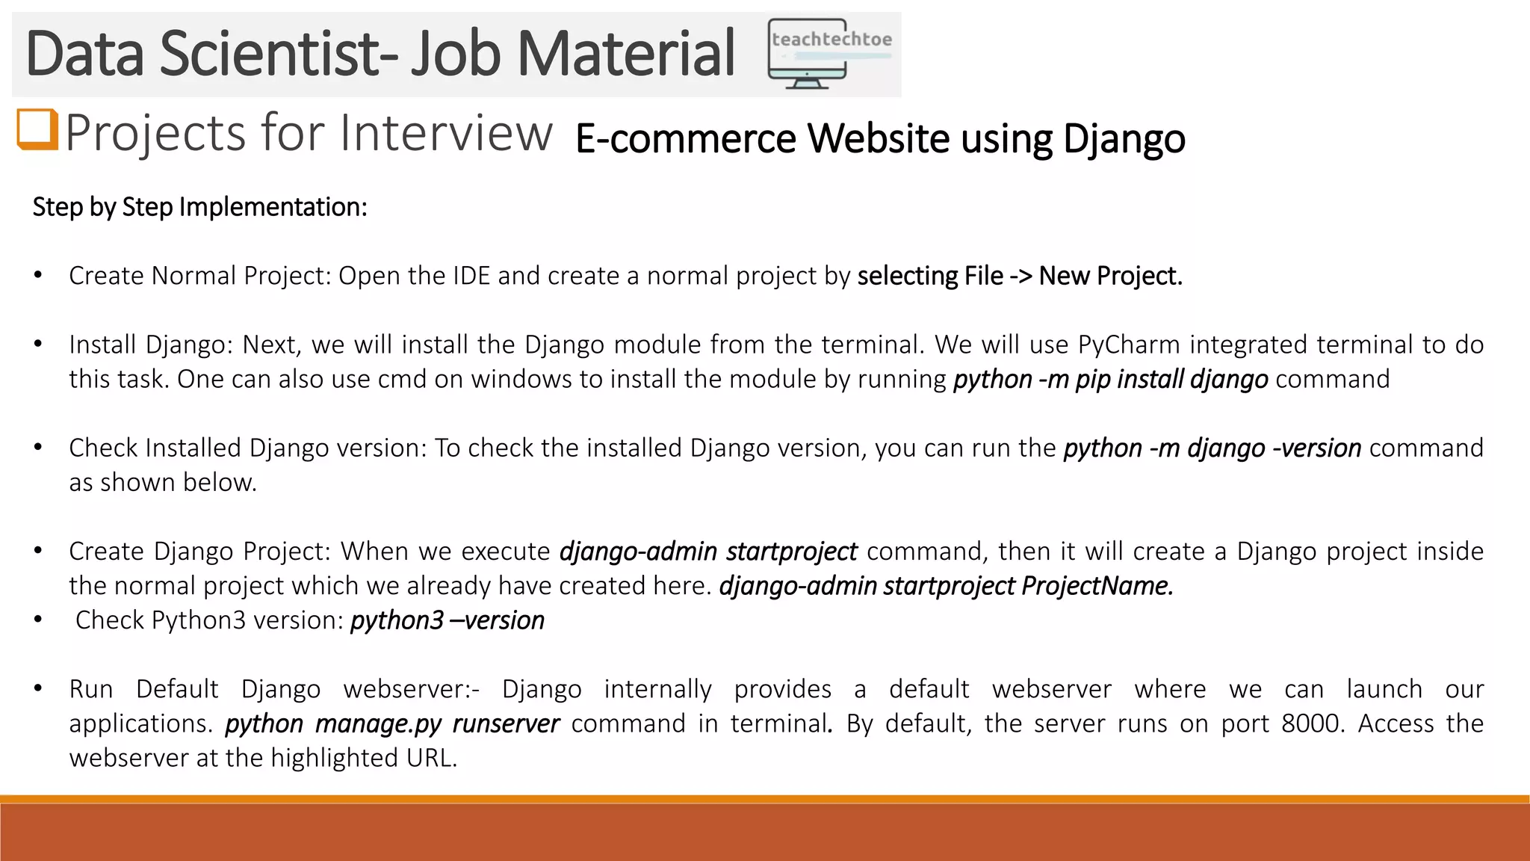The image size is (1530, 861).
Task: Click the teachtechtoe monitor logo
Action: tap(829, 54)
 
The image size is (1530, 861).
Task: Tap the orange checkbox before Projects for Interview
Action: tap(37, 129)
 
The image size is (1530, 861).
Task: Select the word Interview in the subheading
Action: tap(446, 133)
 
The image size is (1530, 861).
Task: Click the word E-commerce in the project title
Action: tap(685, 138)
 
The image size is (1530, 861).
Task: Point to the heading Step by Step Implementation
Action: tap(199, 207)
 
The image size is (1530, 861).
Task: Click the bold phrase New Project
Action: tap(1110, 276)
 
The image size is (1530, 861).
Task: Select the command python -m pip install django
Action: tap(1110, 379)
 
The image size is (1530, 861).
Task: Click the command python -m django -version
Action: tap(1212, 448)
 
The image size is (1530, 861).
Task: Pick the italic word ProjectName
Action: tap(1096, 585)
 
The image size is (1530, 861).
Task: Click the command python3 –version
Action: tap(447, 620)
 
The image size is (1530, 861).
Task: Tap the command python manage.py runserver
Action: tap(391, 723)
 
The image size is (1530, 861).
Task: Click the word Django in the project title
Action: tap(1124, 138)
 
